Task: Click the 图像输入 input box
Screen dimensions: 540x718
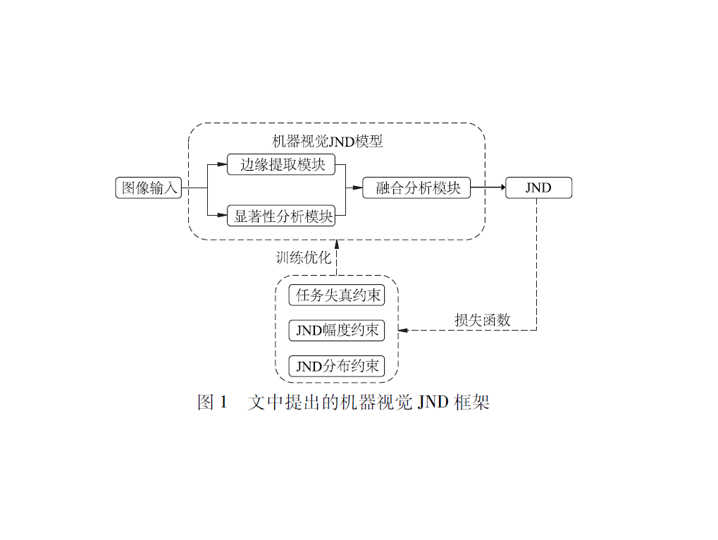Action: [x=149, y=188]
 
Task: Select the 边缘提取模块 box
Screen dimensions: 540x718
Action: [x=282, y=165]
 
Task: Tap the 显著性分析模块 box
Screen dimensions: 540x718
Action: [x=282, y=216]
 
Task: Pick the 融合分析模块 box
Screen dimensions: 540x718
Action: [x=416, y=188]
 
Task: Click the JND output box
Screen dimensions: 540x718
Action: [x=538, y=188]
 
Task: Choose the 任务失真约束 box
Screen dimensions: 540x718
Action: [x=337, y=295]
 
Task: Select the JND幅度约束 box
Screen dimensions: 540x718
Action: [x=337, y=330]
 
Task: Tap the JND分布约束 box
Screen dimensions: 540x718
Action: [x=337, y=366]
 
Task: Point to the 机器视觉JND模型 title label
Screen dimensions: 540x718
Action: [x=327, y=141]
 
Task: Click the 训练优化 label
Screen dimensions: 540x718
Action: [x=303, y=257]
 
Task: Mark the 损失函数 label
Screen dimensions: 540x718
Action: [x=482, y=319]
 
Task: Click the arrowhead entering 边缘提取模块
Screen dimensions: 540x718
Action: [x=223, y=165]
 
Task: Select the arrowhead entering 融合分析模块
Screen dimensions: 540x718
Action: [x=358, y=188]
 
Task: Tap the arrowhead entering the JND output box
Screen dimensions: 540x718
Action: [x=502, y=188]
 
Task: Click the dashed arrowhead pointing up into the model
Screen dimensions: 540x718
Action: [x=337, y=244]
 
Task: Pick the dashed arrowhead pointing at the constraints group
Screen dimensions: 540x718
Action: [x=403, y=330]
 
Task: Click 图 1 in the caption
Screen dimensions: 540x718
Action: [x=213, y=403]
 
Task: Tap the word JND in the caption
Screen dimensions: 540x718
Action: [x=433, y=403]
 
